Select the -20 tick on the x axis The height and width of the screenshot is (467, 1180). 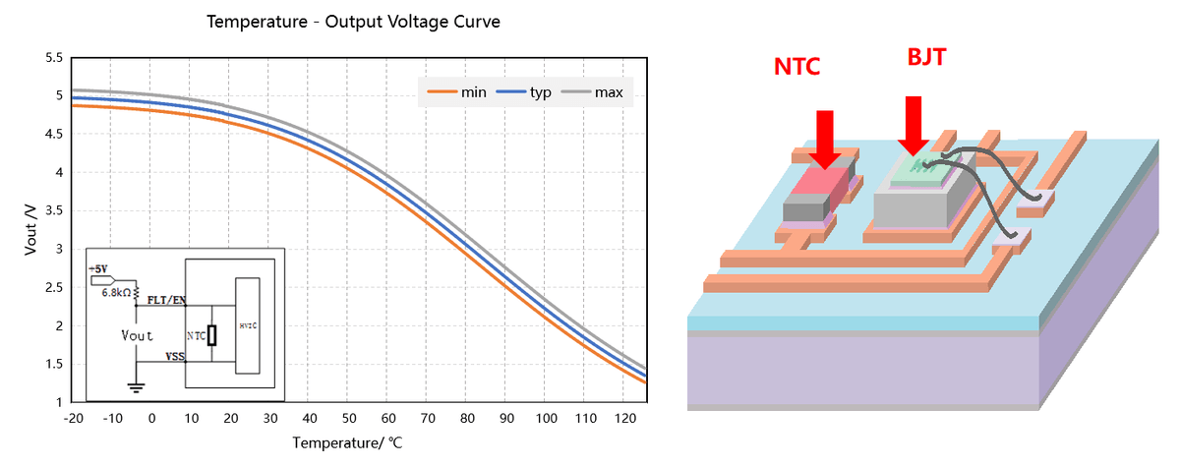[72, 417]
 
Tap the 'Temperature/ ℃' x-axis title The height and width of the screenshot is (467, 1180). [347, 442]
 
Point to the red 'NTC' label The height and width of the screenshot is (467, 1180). [796, 67]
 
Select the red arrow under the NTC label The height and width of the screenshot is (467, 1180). [824, 138]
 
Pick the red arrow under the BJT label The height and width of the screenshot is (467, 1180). [914, 125]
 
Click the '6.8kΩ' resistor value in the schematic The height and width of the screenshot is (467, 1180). [115, 292]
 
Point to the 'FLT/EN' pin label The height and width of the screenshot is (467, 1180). [162, 299]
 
